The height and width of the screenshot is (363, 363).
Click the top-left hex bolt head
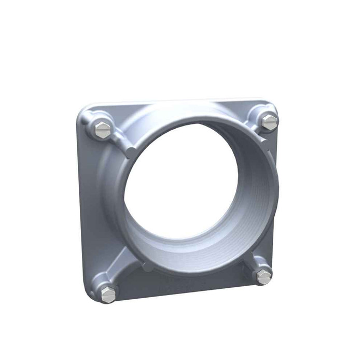tap(103, 127)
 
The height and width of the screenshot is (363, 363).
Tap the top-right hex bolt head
tap(269, 122)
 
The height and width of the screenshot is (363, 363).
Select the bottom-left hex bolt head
tap(108, 294)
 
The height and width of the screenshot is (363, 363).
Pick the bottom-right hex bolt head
tap(263, 277)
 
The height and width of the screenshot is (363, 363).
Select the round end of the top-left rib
tap(131, 151)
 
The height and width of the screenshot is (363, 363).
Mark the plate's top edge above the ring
tap(176, 103)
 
